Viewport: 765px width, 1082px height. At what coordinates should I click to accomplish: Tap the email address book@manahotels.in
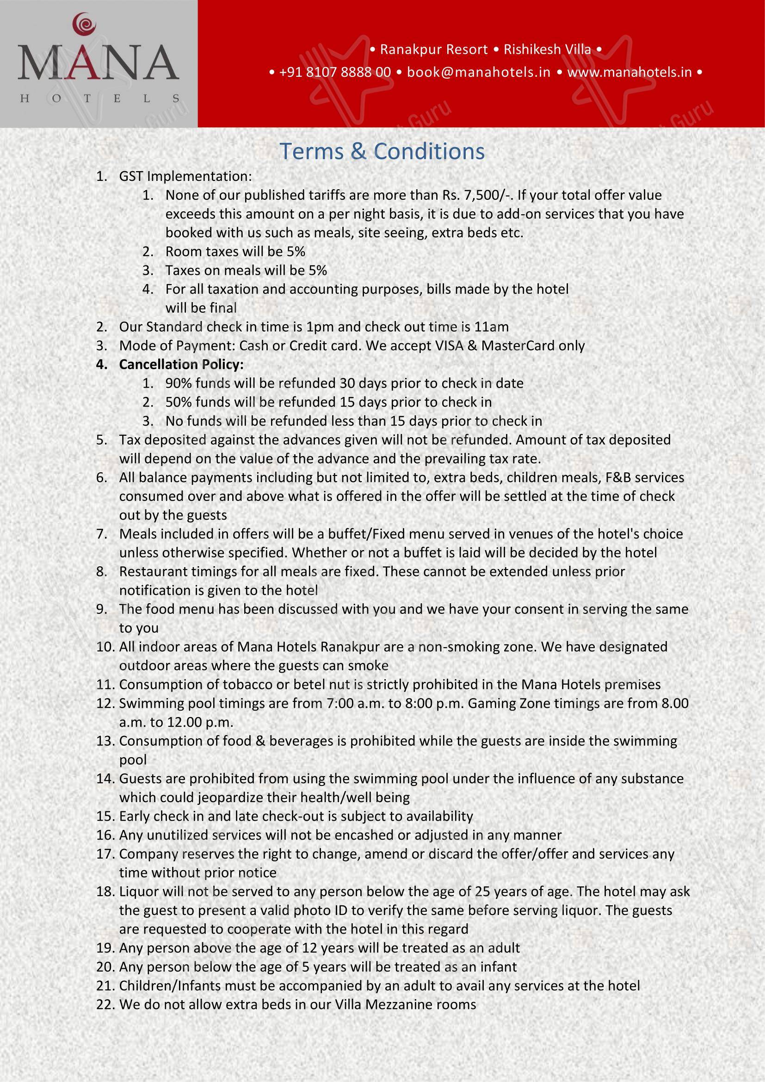(x=479, y=72)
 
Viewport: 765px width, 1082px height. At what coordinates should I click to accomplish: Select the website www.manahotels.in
(x=629, y=72)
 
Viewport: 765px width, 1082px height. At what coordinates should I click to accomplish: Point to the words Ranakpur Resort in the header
(x=434, y=49)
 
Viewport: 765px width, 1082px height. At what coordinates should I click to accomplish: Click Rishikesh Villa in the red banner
(x=547, y=49)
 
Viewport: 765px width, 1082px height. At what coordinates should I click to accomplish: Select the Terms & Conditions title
(x=382, y=151)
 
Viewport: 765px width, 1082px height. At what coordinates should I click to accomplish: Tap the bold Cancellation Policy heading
(x=181, y=364)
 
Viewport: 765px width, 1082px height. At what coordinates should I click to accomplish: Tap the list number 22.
(x=105, y=1004)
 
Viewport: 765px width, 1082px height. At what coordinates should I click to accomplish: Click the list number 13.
(x=105, y=741)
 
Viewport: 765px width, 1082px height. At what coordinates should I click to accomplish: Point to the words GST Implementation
(x=185, y=176)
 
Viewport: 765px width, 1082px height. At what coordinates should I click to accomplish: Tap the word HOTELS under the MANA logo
(x=99, y=99)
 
